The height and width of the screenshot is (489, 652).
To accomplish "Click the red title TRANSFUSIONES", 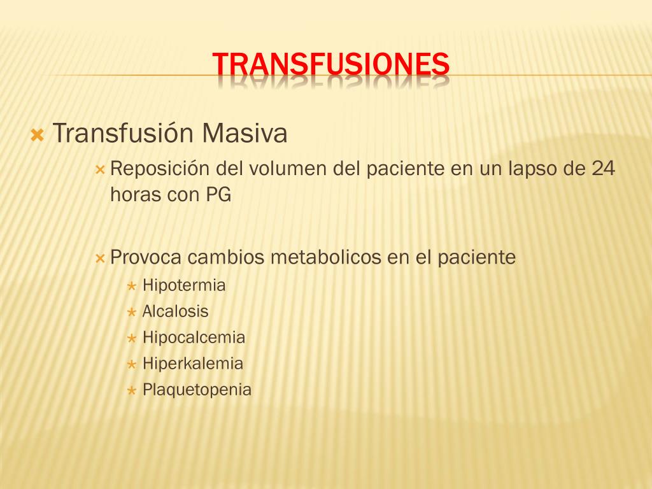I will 330,64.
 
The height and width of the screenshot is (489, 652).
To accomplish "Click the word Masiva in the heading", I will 245,134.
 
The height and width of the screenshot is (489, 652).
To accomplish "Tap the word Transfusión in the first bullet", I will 123,134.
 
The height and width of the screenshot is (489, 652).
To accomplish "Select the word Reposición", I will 160,170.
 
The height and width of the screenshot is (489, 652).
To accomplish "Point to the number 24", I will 603,170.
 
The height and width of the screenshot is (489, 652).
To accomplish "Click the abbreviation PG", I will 218,195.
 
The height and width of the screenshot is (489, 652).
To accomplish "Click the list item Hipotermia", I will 184,285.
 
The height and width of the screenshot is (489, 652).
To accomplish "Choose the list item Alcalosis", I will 175,312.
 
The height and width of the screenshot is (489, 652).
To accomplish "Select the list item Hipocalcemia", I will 194,337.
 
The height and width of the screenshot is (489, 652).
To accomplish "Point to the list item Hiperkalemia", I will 192,364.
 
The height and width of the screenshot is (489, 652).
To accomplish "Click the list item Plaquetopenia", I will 197,390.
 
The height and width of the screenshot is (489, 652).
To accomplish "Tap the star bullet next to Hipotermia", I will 131,287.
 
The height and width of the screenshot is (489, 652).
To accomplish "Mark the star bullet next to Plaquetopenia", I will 131,390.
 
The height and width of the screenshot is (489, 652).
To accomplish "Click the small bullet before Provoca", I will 99,259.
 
